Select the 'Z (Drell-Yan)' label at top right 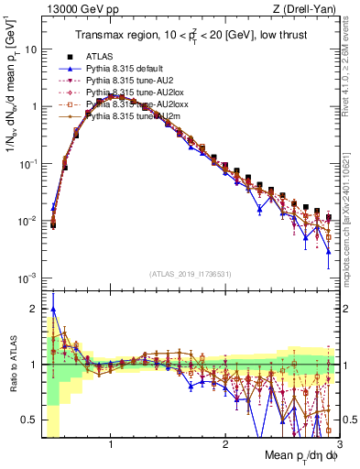pyautogui.click(x=309, y=9)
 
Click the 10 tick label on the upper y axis pyautogui.click(x=29, y=49)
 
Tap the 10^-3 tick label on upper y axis pyautogui.click(x=27, y=278)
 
